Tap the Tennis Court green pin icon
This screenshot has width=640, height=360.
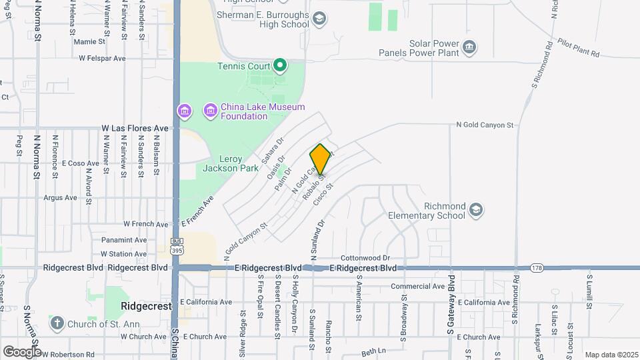[281, 65]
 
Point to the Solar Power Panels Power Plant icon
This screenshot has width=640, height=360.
[470, 46]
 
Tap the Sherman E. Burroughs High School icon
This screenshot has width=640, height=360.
[319, 19]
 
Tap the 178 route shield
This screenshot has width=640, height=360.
[537, 268]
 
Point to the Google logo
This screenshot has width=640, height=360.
[22, 351]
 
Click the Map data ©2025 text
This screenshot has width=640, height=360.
[611, 355]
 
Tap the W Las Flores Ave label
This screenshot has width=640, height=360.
[135, 127]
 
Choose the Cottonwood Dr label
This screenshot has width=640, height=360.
[365, 257]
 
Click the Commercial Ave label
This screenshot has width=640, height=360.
[417, 286]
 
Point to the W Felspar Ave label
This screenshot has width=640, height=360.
[102, 59]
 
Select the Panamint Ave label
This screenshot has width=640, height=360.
[124, 240]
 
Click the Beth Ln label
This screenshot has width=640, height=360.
[374, 351]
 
